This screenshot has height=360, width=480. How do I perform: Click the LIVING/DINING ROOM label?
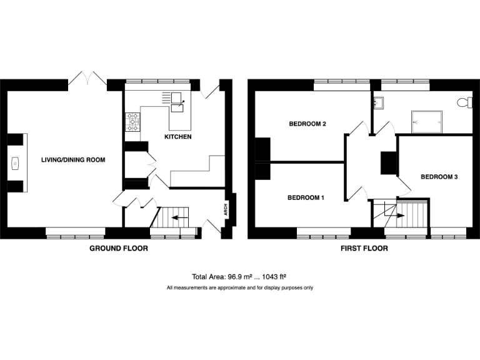(73, 160)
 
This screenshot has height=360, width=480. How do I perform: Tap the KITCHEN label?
(177, 136)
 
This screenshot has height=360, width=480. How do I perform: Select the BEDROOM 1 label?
(306, 198)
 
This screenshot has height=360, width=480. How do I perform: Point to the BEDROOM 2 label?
(307, 124)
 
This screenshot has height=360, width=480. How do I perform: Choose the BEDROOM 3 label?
(439, 177)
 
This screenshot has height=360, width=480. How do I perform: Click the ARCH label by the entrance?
(226, 209)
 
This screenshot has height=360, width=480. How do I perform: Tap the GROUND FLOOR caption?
(119, 248)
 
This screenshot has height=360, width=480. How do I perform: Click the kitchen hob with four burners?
(132, 122)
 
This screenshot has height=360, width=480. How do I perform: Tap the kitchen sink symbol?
(177, 100)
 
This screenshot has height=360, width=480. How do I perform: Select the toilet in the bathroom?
(464, 102)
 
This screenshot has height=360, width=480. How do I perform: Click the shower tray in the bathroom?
(427, 121)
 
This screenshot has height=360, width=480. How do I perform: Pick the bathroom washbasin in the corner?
(377, 102)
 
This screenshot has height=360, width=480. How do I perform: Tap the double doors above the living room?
(87, 79)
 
